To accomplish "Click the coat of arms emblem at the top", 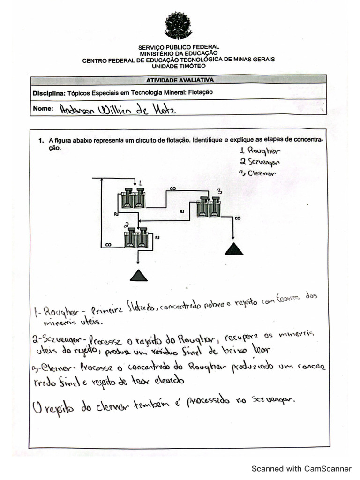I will point(178,25).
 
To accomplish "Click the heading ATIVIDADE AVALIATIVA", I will point(180,80).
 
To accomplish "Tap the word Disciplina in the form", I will point(49,93).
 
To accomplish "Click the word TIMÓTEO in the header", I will point(193,66).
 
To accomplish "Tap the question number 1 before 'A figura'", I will point(41,140).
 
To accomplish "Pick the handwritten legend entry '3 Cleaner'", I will point(258,172).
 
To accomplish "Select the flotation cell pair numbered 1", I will point(133,198).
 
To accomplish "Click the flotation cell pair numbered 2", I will point(136,238).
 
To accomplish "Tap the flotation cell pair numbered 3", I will point(209,207).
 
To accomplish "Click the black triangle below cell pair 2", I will point(138,276).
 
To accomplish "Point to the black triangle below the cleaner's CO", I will point(234,249).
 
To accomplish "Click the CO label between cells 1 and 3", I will point(172,188).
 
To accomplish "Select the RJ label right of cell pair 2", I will point(157,238).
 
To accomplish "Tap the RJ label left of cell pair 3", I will point(182,212).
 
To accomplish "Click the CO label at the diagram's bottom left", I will point(108,244).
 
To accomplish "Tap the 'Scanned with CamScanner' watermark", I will point(301,468).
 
